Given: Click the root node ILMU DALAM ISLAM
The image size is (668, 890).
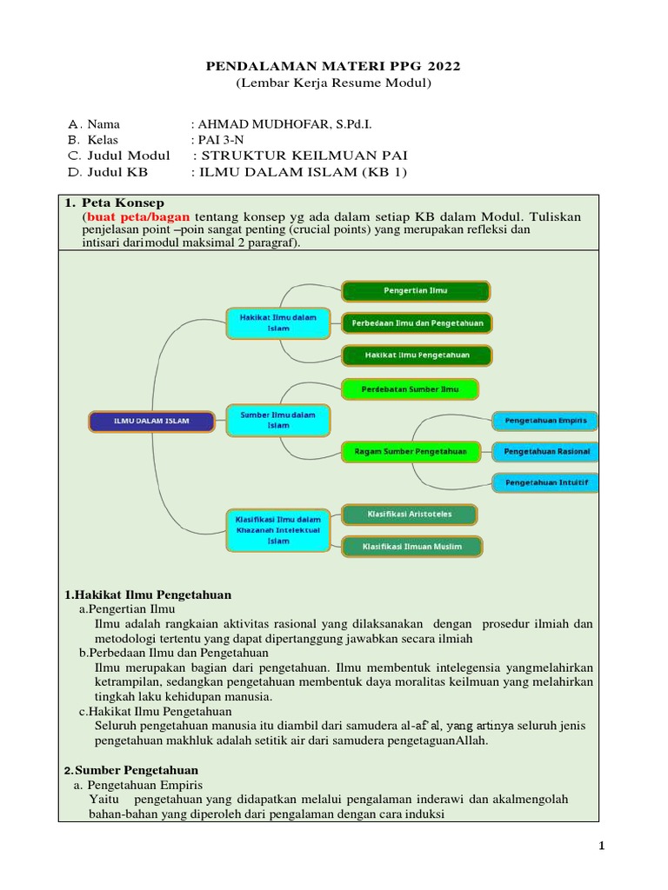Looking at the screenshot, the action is pos(151,422).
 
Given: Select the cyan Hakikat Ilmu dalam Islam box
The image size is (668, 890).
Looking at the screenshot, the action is pos(278,323).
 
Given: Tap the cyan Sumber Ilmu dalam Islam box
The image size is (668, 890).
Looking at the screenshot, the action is pos(278,421).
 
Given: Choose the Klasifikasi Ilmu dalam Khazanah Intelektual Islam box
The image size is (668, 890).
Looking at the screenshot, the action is pos(278,529).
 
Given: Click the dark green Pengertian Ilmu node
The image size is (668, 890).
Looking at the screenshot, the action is pos(416,290).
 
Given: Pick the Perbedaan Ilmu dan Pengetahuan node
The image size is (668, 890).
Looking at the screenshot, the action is pos(416,322).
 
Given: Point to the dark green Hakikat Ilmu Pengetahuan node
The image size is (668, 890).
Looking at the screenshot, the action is pos(416,355).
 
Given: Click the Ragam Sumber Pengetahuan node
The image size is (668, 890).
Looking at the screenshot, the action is pos(411,450).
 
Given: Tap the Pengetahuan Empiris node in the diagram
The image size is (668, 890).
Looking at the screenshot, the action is pos(545,421).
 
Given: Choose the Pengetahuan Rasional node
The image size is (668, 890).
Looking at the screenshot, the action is pos(545,451).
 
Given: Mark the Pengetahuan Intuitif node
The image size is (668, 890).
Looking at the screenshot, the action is pos(545,482).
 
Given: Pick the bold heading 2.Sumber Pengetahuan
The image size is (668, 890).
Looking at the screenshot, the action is pos(131,770).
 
